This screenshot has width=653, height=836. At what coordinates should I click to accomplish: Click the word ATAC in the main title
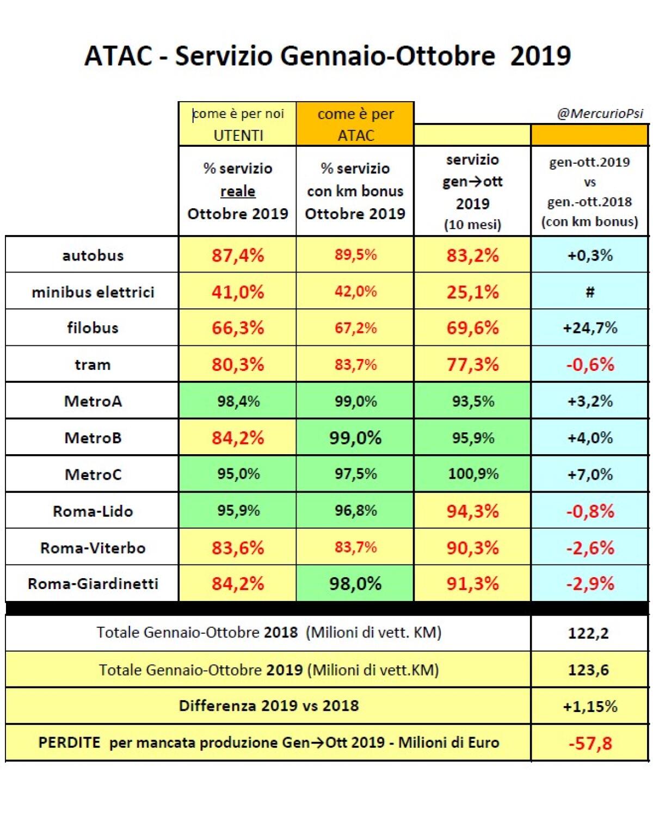tap(118, 56)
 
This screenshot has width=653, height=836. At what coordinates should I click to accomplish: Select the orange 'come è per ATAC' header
tap(355, 124)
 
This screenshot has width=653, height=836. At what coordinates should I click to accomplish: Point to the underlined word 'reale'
tap(238, 191)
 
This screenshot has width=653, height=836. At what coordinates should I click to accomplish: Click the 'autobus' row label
tap(93, 255)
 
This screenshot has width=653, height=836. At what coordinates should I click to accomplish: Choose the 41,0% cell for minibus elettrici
tap(238, 292)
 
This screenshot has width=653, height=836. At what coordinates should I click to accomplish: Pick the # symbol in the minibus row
tap(590, 292)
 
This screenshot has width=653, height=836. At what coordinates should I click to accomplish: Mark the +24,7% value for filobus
tap(590, 328)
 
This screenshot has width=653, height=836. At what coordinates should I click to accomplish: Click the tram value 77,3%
tap(472, 364)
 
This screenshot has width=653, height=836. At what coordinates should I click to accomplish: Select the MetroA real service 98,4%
tap(238, 401)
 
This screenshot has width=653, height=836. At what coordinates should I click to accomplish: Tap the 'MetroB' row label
tap(93, 438)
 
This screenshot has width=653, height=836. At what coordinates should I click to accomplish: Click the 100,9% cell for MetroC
tap(472, 474)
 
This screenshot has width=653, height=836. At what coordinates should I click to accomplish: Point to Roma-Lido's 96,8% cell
tap(355, 511)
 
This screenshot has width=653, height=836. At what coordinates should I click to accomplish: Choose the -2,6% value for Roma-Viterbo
tap(590, 548)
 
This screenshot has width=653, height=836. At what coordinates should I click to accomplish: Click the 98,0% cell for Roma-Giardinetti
tap(355, 584)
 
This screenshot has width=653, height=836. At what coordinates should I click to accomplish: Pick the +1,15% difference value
tap(590, 707)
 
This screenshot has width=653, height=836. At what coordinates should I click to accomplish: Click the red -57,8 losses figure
tap(590, 743)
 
